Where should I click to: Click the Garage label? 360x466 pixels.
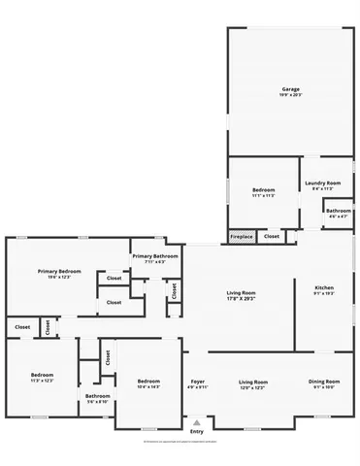click(291, 89)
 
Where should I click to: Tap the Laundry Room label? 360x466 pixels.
click(322, 183)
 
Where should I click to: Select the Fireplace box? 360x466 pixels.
click(242, 236)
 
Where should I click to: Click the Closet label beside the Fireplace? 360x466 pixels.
click(272, 236)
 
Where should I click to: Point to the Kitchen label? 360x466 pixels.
click(324, 287)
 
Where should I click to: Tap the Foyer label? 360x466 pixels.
click(197, 382)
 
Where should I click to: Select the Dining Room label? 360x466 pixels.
click(324, 382)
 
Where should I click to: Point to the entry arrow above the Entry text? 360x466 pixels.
click(197, 422)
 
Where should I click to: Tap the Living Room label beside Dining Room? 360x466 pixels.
click(253, 382)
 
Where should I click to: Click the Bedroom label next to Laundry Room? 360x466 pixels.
click(264, 189)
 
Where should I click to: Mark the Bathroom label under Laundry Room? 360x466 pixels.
click(339, 211)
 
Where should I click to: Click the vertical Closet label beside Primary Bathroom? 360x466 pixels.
click(174, 289)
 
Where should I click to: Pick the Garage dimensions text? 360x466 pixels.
click(291, 95)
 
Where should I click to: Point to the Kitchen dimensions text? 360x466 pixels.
click(324, 293)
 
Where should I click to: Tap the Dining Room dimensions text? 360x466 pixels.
click(324, 387)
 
